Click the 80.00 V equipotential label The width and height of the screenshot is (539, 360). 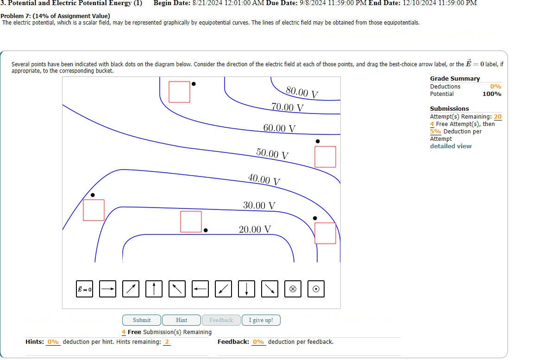(x=302, y=92)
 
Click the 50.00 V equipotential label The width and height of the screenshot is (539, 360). (x=272, y=154)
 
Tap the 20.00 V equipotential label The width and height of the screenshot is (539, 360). (x=255, y=229)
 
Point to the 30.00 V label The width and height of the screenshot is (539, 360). (x=259, y=205)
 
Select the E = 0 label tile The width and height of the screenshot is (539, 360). (x=85, y=289)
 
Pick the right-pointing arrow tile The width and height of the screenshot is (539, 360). (x=108, y=289)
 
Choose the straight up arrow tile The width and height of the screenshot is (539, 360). (x=154, y=289)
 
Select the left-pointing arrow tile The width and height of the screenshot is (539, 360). (x=200, y=289)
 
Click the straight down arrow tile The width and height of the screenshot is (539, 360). (x=246, y=289)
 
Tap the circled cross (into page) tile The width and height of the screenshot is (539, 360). (x=293, y=289)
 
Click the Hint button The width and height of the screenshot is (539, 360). (x=182, y=320)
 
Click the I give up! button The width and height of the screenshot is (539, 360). (x=261, y=320)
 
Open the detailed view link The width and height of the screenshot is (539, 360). (x=451, y=146)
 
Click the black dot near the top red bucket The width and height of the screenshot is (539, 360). (x=194, y=84)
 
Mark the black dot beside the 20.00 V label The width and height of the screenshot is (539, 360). (x=206, y=230)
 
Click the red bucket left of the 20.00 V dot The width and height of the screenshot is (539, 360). (x=191, y=221)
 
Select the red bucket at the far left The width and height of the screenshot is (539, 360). (x=94, y=210)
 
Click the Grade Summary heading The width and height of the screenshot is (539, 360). (x=455, y=79)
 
